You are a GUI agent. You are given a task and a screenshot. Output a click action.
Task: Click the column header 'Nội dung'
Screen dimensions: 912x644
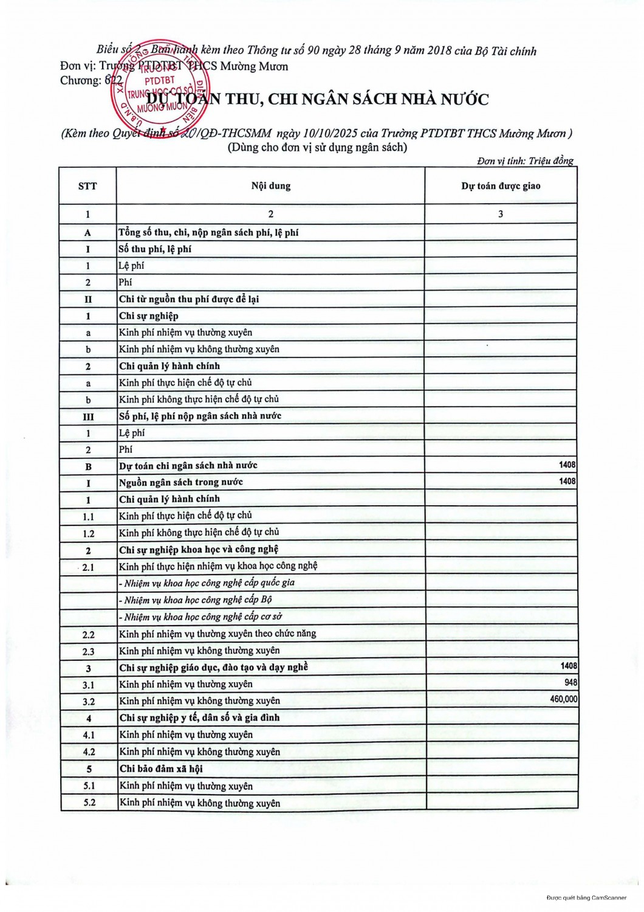[x=271, y=185]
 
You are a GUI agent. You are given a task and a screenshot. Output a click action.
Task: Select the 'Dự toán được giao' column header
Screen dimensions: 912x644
[x=501, y=185]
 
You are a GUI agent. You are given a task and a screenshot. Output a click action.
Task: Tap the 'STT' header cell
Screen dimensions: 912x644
[x=87, y=185]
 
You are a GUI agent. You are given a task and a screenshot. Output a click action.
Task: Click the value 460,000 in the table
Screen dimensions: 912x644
[x=563, y=699]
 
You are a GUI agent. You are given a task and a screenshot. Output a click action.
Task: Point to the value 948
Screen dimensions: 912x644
[x=570, y=683]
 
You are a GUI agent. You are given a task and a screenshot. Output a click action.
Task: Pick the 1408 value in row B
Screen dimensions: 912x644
[x=567, y=465]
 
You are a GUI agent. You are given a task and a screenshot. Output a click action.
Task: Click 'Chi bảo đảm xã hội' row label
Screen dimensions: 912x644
[x=160, y=769]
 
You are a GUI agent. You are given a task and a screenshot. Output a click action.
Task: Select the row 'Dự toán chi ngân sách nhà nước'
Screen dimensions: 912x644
[x=188, y=466]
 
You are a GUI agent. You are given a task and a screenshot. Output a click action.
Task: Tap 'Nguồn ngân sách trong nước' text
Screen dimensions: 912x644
[x=180, y=482]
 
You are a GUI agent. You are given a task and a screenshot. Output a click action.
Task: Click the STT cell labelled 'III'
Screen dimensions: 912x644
[x=88, y=416]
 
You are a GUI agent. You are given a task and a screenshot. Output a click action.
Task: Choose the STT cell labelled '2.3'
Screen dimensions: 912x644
[x=89, y=651]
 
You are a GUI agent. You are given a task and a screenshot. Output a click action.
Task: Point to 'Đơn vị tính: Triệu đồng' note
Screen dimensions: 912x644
[x=525, y=161]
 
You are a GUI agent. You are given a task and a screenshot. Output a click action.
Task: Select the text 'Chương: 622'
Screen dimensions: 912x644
[x=91, y=80]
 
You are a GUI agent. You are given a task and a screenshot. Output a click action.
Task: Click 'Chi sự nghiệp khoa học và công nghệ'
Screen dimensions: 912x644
[x=199, y=549]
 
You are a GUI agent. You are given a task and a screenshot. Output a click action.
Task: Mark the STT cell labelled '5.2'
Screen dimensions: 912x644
[x=89, y=803]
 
